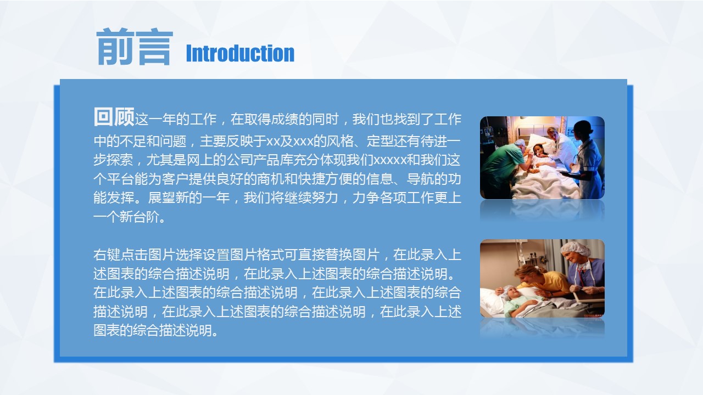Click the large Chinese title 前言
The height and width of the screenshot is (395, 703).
pyautogui.click(x=135, y=47)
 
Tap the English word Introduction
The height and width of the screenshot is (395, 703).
pyautogui.click(x=240, y=53)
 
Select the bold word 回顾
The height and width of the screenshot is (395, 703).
pyautogui.click(x=114, y=117)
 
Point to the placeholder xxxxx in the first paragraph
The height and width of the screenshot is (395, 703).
pyautogui.click(x=390, y=160)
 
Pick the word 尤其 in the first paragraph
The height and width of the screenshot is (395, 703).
pyautogui.click(x=160, y=160)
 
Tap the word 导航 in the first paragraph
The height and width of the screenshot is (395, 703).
pyautogui.click(x=420, y=179)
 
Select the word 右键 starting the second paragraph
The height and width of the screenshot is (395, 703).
pyautogui.click(x=107, y=255)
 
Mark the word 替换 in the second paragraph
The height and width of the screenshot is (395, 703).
pyautogui.click(x=339, y=255)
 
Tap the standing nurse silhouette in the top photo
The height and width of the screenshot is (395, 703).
pyautogui.click(x=588, y=160)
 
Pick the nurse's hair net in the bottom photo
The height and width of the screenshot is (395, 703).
pyautogui.click(x=575, y=249)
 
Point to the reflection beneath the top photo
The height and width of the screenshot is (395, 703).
pyautogui.click(x=542, y=210)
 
